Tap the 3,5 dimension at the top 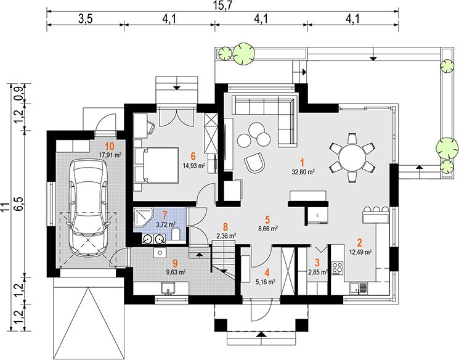(x=85, y=19)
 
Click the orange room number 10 (x=110, y=146)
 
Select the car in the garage (x=87, y=208)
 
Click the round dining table (x=352, y=158)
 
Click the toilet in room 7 (x=176, y=234)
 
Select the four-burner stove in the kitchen (x=337, y=268)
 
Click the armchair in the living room (x=254, y=163)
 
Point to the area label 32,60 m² (x=303, y=172)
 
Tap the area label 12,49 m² (x=360, y=252)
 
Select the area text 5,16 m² (x=266, y=282)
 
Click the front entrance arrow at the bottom (x=261, y=334)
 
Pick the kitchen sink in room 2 (x=358, y=288)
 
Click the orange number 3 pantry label (x=317, y=263)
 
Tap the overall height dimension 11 (x=5, y=207)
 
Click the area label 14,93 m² (x=194, y=165)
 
